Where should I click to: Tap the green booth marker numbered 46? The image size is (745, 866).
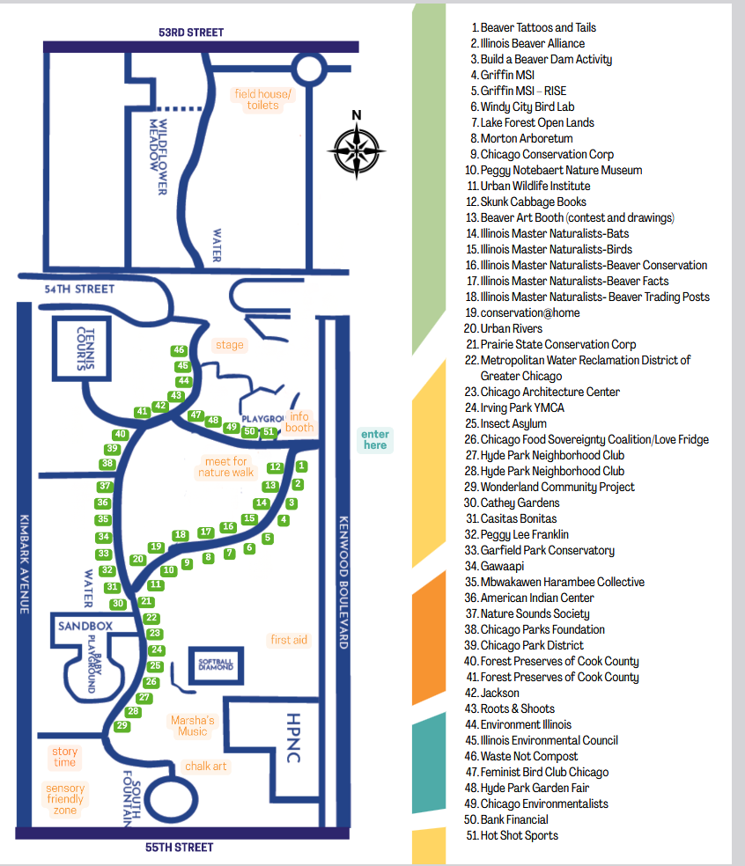tap(179, 350)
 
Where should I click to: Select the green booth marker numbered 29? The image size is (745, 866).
tap(122, 726)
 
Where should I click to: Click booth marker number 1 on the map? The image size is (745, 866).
tap(302, 466)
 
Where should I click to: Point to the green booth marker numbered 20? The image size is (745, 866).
tap(138, 559)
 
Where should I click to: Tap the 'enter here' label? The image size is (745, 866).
tap(374, 439)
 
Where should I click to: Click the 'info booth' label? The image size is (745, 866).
tap(299, 422)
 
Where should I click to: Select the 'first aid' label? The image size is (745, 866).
tap(289, 640)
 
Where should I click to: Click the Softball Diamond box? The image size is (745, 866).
tap(217, 664)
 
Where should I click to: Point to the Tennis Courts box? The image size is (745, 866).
tap(85, 349)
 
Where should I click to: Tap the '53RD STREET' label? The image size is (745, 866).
tap(191, 33)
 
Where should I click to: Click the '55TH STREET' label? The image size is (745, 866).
tap(179, 848)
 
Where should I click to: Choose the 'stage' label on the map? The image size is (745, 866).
tap(230, 345)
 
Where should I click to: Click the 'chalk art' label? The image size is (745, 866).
tap(206, 767)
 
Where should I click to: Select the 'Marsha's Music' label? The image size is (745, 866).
tap(193, 726)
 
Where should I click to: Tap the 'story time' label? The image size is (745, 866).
tap(64, 757)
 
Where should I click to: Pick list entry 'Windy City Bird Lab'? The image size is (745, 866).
tap(527, 106)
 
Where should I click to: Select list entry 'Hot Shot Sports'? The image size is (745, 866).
tap(519, 835)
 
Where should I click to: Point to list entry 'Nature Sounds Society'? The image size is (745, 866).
tap(535, 613)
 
